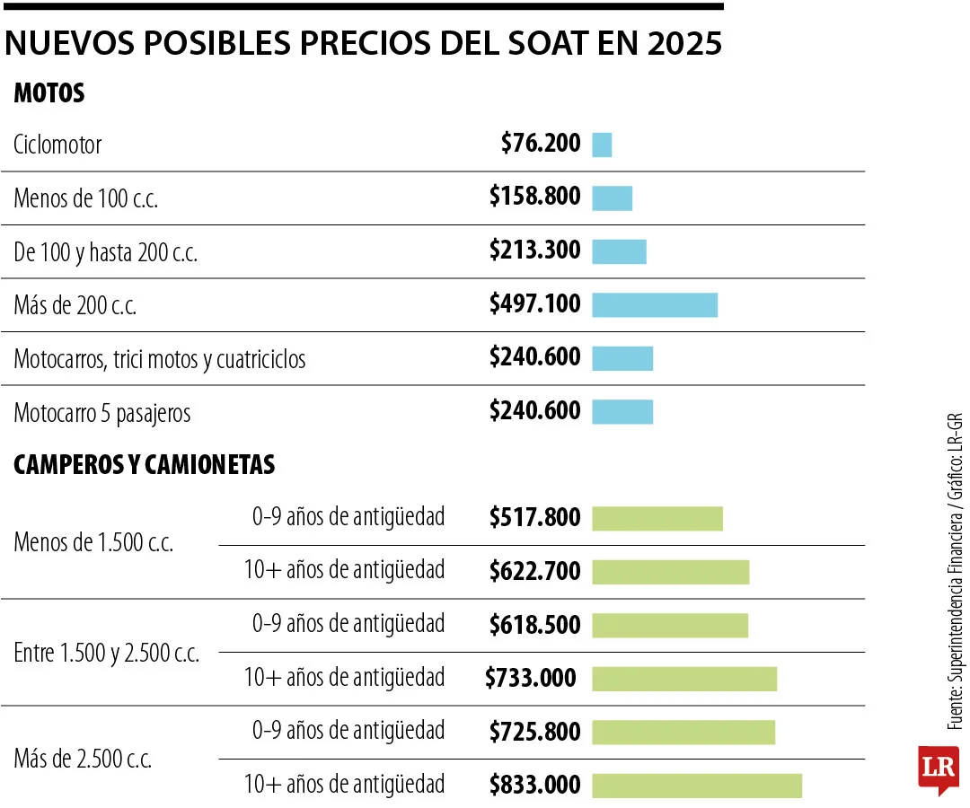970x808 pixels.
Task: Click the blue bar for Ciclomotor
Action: pyautogui.click(x=602, y=145)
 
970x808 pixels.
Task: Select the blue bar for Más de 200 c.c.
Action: pyautogui.click(x=655, y=305)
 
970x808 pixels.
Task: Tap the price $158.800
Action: pyautogui.click(x=535, y=197)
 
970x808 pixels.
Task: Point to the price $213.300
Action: pyautogui.click(x=535, y=250)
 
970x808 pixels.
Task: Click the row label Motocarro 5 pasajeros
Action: pyautogui.click(x=102, y=414)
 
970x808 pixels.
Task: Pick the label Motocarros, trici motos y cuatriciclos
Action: pyautogui.click(x=160, y=360)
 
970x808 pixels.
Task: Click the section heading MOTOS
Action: pyautogui.click(x=49, y=93)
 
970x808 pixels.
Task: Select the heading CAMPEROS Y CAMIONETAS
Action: pyautogui.click(x=145, y=465)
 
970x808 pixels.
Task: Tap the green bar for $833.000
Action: pyautogui.click(x=697, y=786)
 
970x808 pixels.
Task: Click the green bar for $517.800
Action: pyautogui.click(x=657, y=519)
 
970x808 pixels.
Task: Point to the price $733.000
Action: pyautogui.click(x=531, y=678)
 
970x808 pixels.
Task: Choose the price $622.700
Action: pyautogui.click(x=535, y=571)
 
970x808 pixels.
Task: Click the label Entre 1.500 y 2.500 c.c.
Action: pyautogui.click(x=107, y=654)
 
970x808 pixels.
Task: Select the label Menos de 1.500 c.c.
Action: pyautogui.click(x=93, y=544)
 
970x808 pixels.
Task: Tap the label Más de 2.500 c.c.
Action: pyautogui.click(x=83, y=760)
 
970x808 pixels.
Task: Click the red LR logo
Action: pyautogui.click(x=939, y=768)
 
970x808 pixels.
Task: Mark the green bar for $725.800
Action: pyautogui.click(x=683, y=732)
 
